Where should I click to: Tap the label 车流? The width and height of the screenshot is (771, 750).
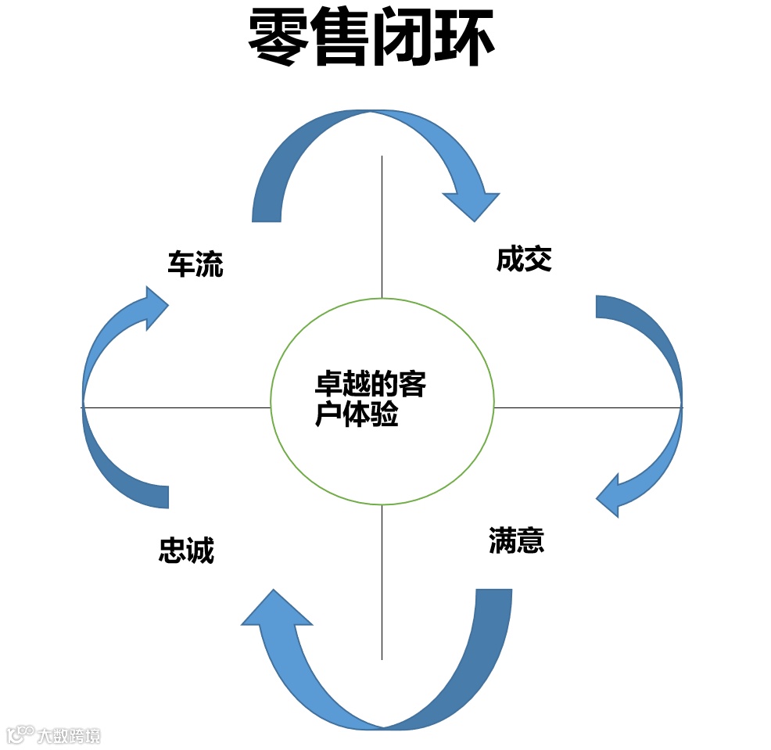click(195, 264)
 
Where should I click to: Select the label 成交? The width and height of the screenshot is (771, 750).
click(524, 259)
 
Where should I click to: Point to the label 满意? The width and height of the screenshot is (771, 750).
click(516, 540)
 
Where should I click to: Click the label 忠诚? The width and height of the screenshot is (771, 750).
click(186, 551)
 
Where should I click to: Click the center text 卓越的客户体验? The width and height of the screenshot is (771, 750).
click(370, 400)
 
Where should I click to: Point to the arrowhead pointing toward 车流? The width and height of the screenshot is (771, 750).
click(152, 307)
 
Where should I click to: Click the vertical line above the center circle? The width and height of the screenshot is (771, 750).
click(382, 227)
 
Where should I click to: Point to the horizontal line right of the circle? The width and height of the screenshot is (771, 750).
click(586, 407)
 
